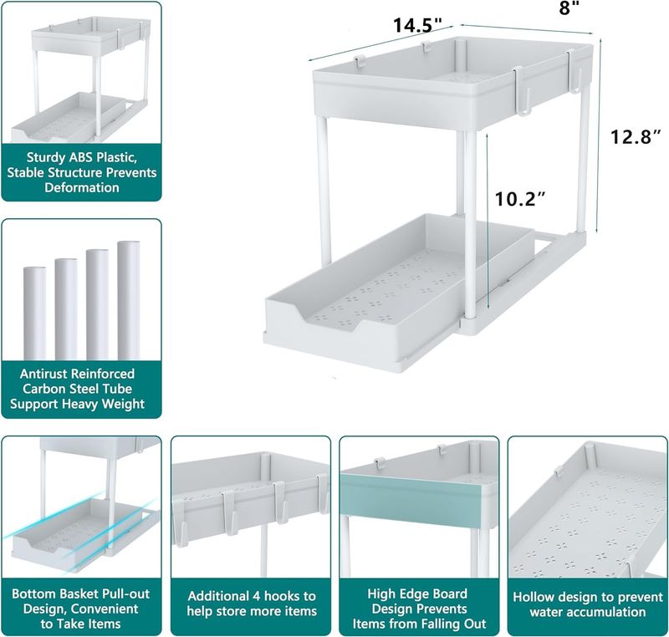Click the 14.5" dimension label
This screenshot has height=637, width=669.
coord(417,25)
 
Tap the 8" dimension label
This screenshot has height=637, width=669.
coord(569,8)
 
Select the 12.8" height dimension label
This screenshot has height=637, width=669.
coord(636,137)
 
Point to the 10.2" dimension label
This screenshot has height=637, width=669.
coord(520,199)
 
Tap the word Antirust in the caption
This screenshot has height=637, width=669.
coord(43,374)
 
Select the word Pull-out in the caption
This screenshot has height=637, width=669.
coord(126,594)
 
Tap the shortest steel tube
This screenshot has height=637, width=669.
coord(34,313)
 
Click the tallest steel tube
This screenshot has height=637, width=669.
coord(129,301)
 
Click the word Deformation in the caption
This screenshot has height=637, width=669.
coord(82,187)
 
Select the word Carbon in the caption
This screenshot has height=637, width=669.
coord(42,389)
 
